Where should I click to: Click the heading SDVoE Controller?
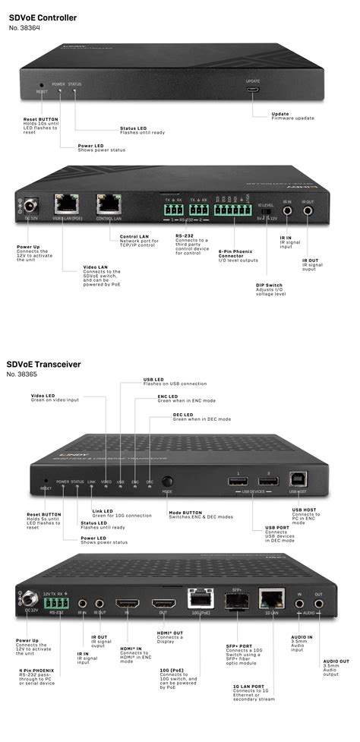click(x=43, y=15)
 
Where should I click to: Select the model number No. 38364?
click(x=24, y=28)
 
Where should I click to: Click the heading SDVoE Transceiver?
click(x=44, y=364)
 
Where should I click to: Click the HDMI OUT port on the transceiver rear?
click(x=163, y=605)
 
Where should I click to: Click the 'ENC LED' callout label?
click(x=168, y=396)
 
